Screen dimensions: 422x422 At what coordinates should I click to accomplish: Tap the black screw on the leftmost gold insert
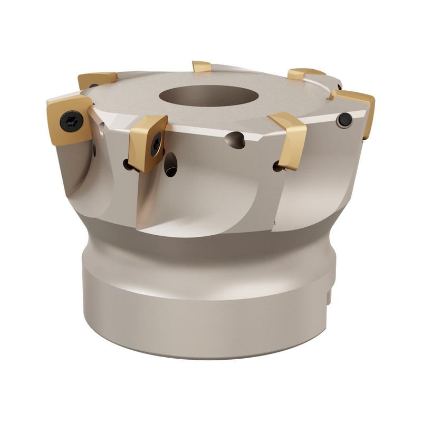coord(71,122)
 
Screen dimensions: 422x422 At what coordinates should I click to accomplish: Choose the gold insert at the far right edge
coord(356,108)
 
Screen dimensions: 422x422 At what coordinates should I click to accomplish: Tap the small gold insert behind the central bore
coord(202,66)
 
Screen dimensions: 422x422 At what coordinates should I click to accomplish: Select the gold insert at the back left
coord(97,79)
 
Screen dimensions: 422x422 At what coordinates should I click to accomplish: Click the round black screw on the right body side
coord(344,120)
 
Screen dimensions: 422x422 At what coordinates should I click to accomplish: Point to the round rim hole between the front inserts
coord(235,140)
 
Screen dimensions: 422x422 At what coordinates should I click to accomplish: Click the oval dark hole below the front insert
coord(170,164)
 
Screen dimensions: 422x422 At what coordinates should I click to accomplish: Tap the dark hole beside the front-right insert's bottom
coord(277,166)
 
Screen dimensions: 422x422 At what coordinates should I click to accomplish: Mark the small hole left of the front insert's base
coord(128,165)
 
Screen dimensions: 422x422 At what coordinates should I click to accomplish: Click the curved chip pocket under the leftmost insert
coord(79,169)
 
